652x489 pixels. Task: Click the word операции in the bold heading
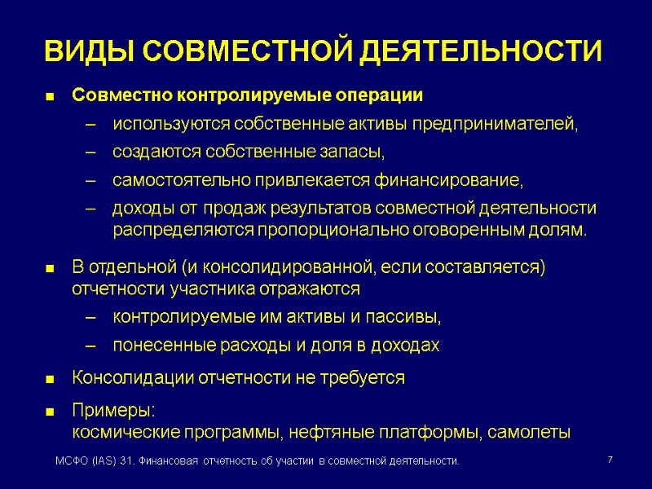(380, 95)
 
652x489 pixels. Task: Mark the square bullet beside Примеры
(51, 410)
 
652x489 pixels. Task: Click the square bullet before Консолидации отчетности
(51, 379)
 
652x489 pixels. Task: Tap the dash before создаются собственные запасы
(91, 152)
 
